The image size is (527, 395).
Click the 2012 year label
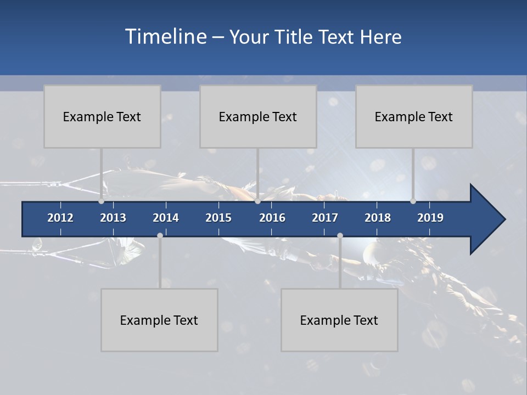click(x=60, y=218)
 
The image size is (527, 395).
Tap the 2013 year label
click(x=113, y=218)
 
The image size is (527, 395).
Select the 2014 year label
click(x=166, y=218)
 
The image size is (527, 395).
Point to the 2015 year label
click(x=218, y=218)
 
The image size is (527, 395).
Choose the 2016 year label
click(x=272, y=218)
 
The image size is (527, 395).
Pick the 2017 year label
click(x=325, y=218)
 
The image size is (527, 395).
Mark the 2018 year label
click(x=378, y=218)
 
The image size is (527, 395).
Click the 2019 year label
click(x=430, y=218)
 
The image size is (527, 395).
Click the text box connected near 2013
click(x=102, y=116)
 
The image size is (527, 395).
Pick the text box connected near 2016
click(x=258, y=116)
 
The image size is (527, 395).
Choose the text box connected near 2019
click(x=414, y=116)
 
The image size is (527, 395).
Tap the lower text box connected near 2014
click(x=159, y=320)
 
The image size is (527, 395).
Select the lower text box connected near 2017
click(x=339, y=320)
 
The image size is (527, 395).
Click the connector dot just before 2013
click(x=101, y=201)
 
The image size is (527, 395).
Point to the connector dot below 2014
click(x=160, y=235)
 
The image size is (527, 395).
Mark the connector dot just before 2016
click(x=257, y=201)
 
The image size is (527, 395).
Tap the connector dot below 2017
click(x=340, y=235)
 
